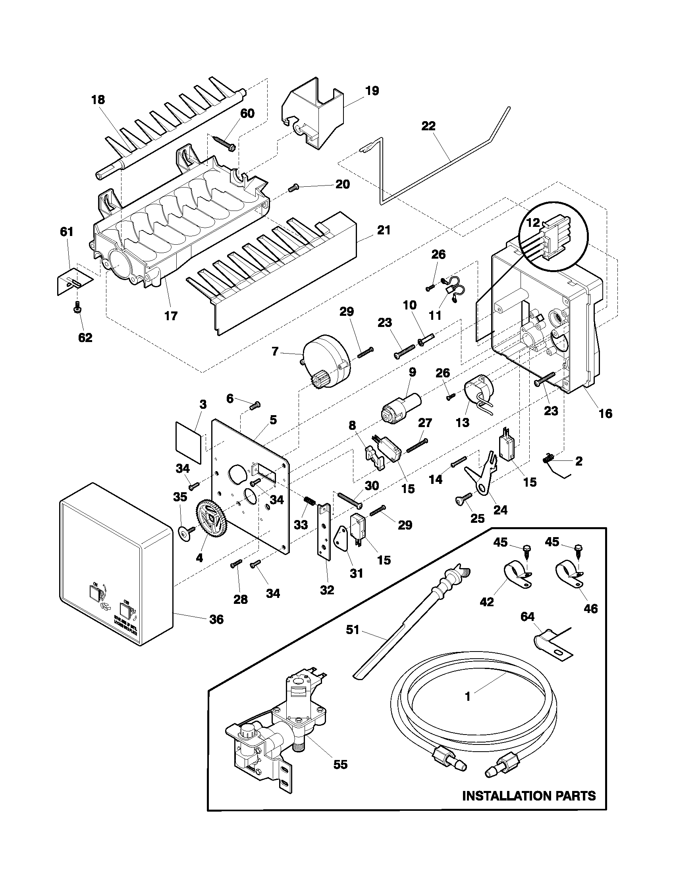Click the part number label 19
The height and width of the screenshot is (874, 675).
tap(372, 91)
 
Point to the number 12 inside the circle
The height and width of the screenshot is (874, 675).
tap(532, 223)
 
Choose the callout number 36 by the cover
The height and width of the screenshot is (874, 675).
tap(216, 619)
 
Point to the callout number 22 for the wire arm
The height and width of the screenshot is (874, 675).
tap(428, 126)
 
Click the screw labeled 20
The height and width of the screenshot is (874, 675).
tap(294, 187)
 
